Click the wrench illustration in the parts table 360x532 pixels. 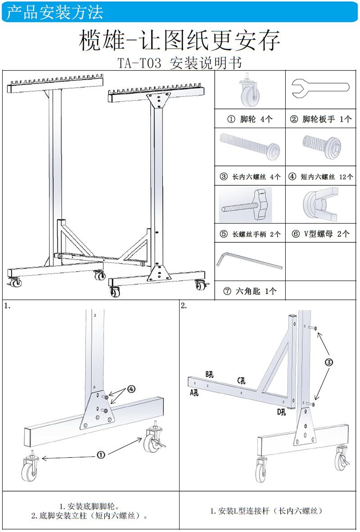coord(320,88)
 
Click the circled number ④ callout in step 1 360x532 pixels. coord(131,389)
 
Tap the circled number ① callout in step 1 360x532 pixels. coord(101,455)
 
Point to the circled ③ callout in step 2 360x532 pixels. coord(329,362)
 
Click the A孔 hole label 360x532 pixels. coord(194,393)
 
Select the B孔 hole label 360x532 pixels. coord(210,374)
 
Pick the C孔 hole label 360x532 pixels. coord(242,380)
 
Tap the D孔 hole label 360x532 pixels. coord(281,411)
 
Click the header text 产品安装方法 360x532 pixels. coord(55,12)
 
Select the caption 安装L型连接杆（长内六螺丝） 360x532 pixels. coord(270,511)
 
